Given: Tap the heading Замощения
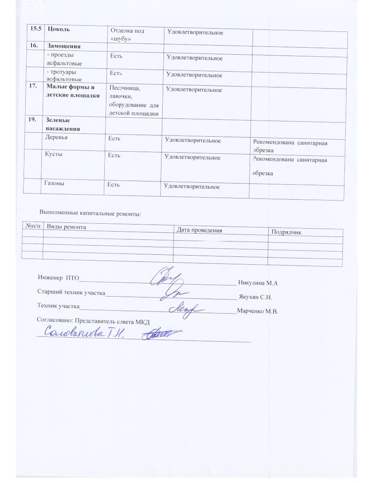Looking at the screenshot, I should point(63,46).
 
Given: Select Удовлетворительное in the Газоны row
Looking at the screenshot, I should point(192,187).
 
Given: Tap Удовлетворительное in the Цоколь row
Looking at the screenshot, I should point(195,32).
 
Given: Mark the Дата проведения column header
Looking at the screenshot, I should point(200,230).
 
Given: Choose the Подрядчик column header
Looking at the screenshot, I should point(286,232).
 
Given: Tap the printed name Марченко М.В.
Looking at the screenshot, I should point(257,312).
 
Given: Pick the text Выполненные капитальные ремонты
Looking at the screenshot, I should point(90,214).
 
